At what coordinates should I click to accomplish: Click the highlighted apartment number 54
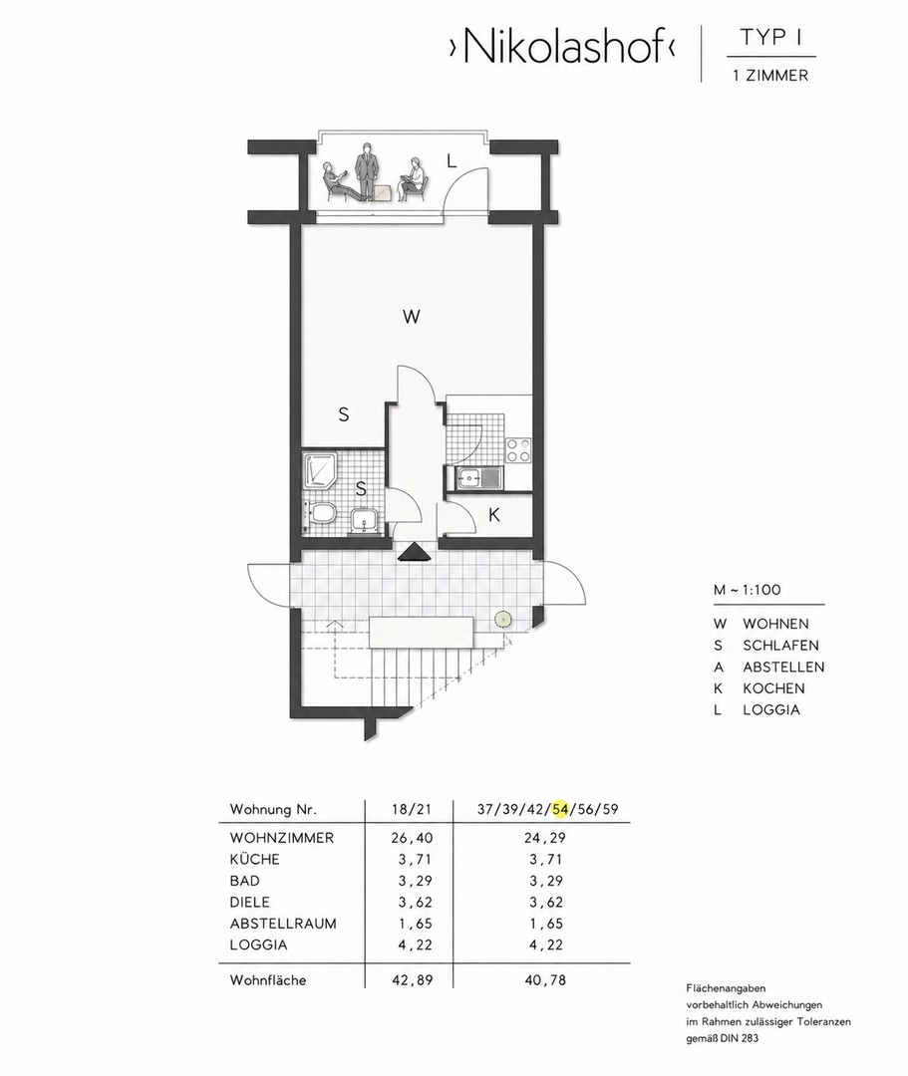coord(561,809)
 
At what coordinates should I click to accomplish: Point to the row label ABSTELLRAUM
coord(283,924)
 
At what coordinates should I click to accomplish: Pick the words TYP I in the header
coord(771,39)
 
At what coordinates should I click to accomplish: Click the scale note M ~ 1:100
coord(747,590)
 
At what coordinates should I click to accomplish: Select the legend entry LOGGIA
coord(771,709)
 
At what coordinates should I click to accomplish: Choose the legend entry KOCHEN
coord(773,688)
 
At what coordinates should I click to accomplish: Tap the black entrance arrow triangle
coord(413,552)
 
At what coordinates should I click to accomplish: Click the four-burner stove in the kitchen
coord(518,450)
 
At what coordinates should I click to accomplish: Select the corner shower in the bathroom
coord(318,470)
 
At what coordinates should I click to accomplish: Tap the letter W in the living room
coord(411,317)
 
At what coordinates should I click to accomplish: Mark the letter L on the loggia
coord(451,161)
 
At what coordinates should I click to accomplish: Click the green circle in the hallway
coord(504,619)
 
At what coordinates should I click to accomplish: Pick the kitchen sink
coord(474,477)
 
